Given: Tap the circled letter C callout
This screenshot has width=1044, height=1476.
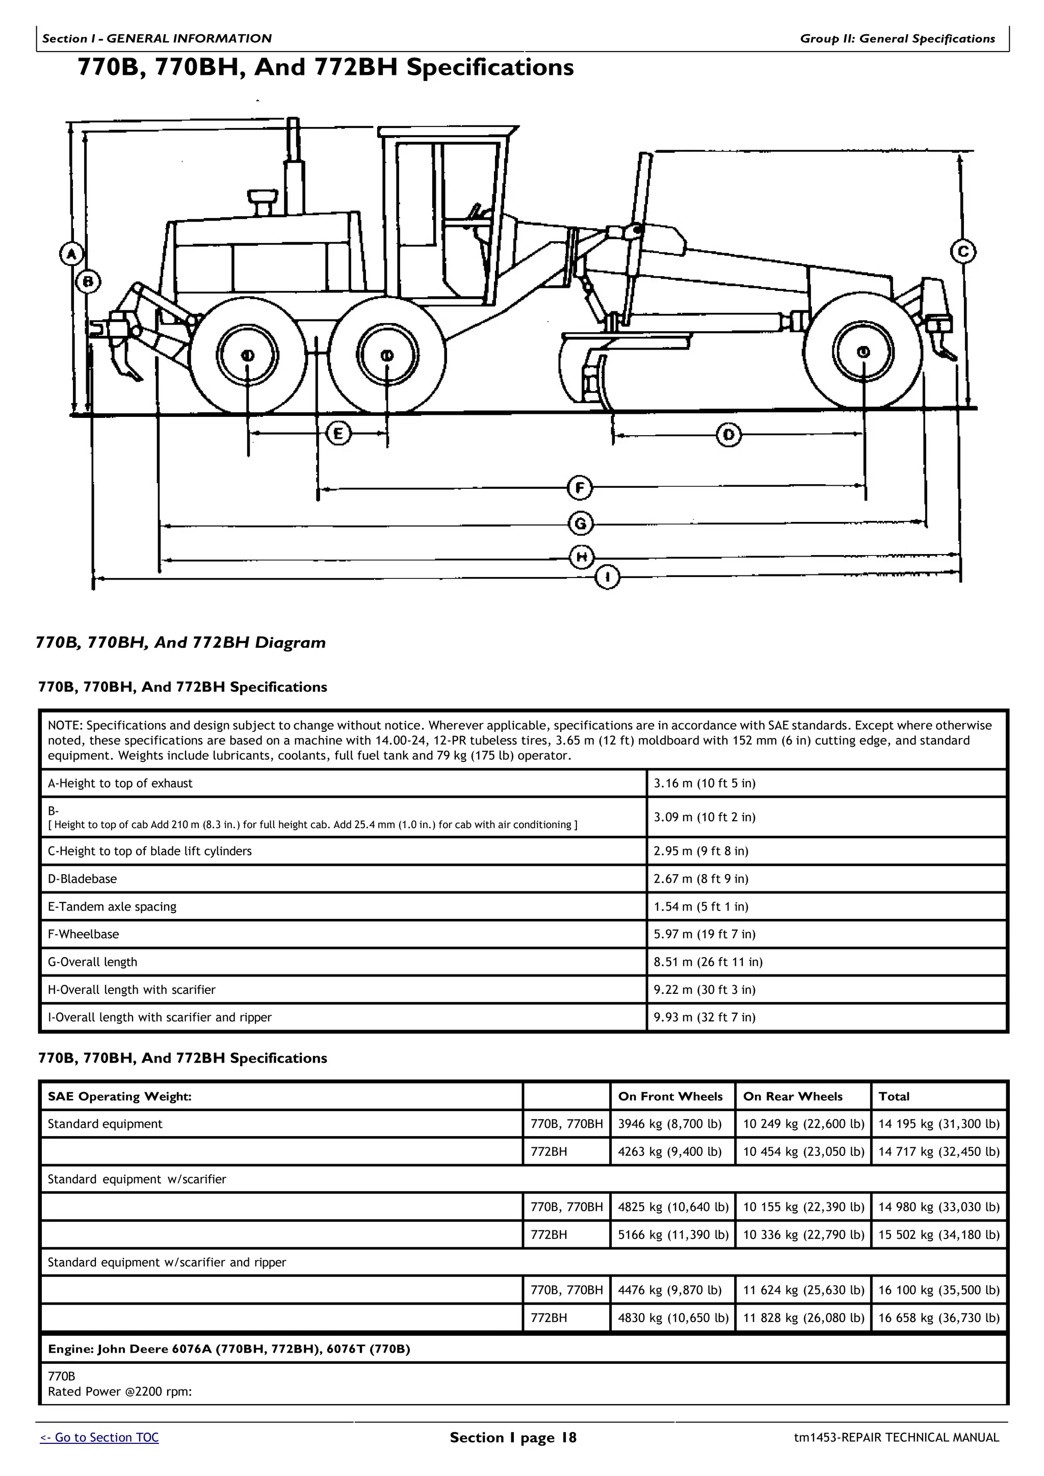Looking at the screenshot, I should [963, 251].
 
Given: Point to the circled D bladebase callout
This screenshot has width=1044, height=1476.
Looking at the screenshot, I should [728, 435].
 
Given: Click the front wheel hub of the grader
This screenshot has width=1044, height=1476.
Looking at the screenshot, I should [864, 352].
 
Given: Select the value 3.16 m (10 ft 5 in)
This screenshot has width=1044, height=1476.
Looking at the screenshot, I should [704, 783].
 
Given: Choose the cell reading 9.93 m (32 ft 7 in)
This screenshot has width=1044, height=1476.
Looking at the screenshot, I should [704, 1017].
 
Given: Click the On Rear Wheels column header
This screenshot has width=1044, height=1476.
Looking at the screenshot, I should [793, 1097].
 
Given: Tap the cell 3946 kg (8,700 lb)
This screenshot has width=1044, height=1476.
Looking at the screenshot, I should [670, 1124].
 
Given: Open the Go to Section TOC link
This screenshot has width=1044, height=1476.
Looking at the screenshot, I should [99, 1437].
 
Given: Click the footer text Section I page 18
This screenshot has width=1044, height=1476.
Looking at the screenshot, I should [513, 1437].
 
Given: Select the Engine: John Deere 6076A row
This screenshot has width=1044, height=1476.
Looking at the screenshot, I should [229, 1349].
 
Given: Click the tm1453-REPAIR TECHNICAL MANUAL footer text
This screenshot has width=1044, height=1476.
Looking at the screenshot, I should [896, 1437].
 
